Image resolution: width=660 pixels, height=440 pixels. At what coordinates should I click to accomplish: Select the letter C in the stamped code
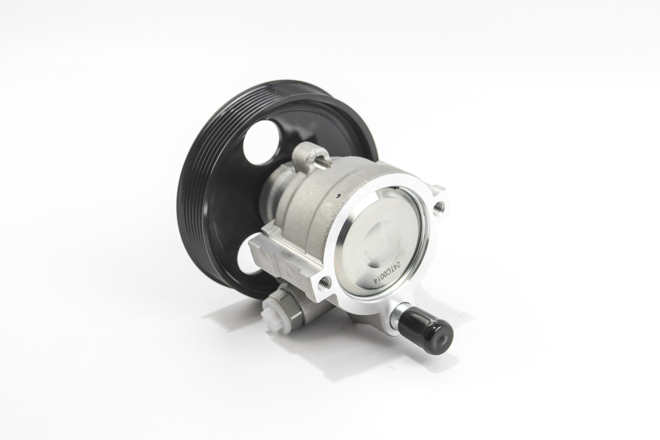(385, 268)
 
